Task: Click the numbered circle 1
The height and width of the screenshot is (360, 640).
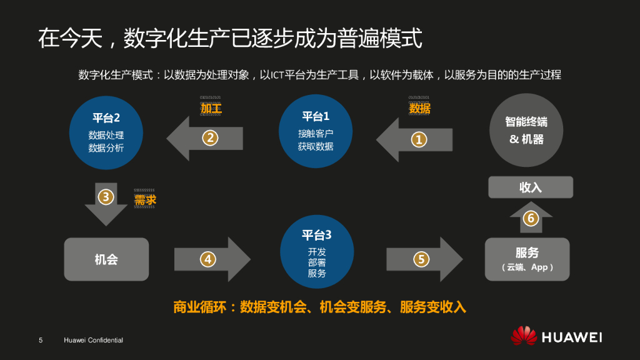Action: click(x=418, y=139)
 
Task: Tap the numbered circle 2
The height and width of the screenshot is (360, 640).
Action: click(x=210, y=137)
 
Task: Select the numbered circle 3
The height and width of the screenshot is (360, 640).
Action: click(x=106, y=197)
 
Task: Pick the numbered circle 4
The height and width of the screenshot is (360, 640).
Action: click(x=207, y=258)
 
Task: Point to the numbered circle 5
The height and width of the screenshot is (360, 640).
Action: click(x=421, y=258)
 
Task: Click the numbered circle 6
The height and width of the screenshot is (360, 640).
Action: click(x=531, y=218)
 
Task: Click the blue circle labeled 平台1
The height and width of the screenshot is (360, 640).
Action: click(x=316, y=131)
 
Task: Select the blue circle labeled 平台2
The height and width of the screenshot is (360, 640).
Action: click(x=106, y=132)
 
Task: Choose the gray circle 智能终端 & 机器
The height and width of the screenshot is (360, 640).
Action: click(x=526, y=131)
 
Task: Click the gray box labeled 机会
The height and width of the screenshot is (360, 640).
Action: click(x=107, y=259)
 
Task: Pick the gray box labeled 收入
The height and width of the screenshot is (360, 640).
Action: click(x=531, y=187)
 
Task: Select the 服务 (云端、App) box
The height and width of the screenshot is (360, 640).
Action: click(x=527, y=259)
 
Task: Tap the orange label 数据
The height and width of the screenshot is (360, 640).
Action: click(x=419, y=108)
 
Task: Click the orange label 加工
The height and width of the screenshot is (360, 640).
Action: click(x=211, y=108)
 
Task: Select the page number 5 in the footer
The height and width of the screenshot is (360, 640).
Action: click(x=41, y=340)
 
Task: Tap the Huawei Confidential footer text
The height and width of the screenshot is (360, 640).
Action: click(x=93, y=340)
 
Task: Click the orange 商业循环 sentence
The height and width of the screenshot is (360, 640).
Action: click(x=319, y=307)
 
